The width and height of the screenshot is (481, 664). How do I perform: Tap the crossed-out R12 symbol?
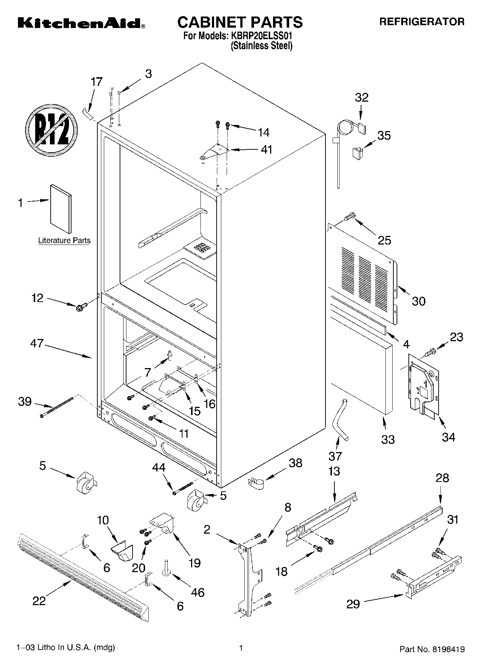[51, 130]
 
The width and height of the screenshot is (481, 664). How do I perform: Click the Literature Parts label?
[64, 241]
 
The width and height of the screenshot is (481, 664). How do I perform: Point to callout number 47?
[37, 343]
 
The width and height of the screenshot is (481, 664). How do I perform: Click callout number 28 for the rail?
[442, 478]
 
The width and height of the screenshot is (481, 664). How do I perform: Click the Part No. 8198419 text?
[432, 649]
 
